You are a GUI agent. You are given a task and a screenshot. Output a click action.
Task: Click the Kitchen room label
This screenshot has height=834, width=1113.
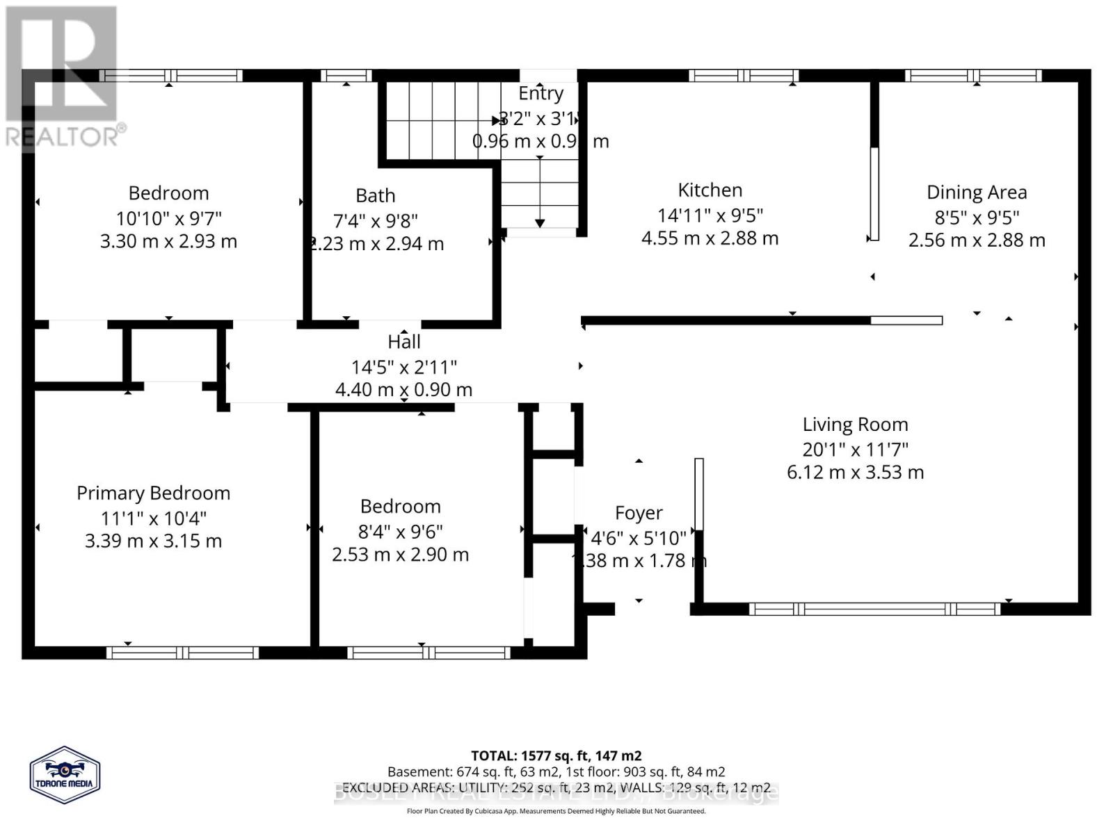click(x=710, y=190)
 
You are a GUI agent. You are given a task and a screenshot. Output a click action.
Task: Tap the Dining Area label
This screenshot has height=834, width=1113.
click(x=976, y=193)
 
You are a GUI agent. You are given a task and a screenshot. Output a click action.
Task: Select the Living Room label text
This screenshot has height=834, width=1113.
click(x=855, y=424)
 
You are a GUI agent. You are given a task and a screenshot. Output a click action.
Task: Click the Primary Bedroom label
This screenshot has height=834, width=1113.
click(x=153, y=493)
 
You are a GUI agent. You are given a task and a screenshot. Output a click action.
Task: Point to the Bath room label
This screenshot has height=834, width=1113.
click(x=375, y=196)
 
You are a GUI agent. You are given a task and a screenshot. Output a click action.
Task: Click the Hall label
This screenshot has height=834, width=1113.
click(x=403, y=341)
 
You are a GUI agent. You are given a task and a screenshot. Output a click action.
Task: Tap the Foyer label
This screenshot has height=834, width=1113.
click(x=638, y=513)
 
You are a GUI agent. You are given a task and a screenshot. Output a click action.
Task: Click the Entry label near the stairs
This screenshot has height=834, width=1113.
click(x=541, y=93)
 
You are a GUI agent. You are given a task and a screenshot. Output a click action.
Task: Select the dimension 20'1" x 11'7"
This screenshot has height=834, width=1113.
click(x=855, y=449)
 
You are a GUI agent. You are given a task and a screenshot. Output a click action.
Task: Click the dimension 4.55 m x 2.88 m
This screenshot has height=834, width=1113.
click(x=710, y=238)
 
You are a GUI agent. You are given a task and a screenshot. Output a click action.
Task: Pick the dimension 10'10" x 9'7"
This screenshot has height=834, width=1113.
click(x=168, y=218)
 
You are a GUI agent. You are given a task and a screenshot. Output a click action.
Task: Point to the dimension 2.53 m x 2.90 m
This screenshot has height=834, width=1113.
click(x=400, y=555)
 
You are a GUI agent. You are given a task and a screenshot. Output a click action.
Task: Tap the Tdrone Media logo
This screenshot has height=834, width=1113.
click(x=65, y=775)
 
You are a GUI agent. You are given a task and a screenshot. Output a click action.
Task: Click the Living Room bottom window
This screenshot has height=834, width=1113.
click(x=874, y=610)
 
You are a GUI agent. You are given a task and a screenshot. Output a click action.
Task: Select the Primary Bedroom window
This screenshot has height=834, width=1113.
click(x=182, y=653)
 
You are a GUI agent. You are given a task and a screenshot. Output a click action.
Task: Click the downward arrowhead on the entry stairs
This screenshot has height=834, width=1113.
click(x=540, y=223)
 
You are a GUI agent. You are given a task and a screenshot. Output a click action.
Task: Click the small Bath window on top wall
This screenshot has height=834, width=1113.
click(x=346, y=75)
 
